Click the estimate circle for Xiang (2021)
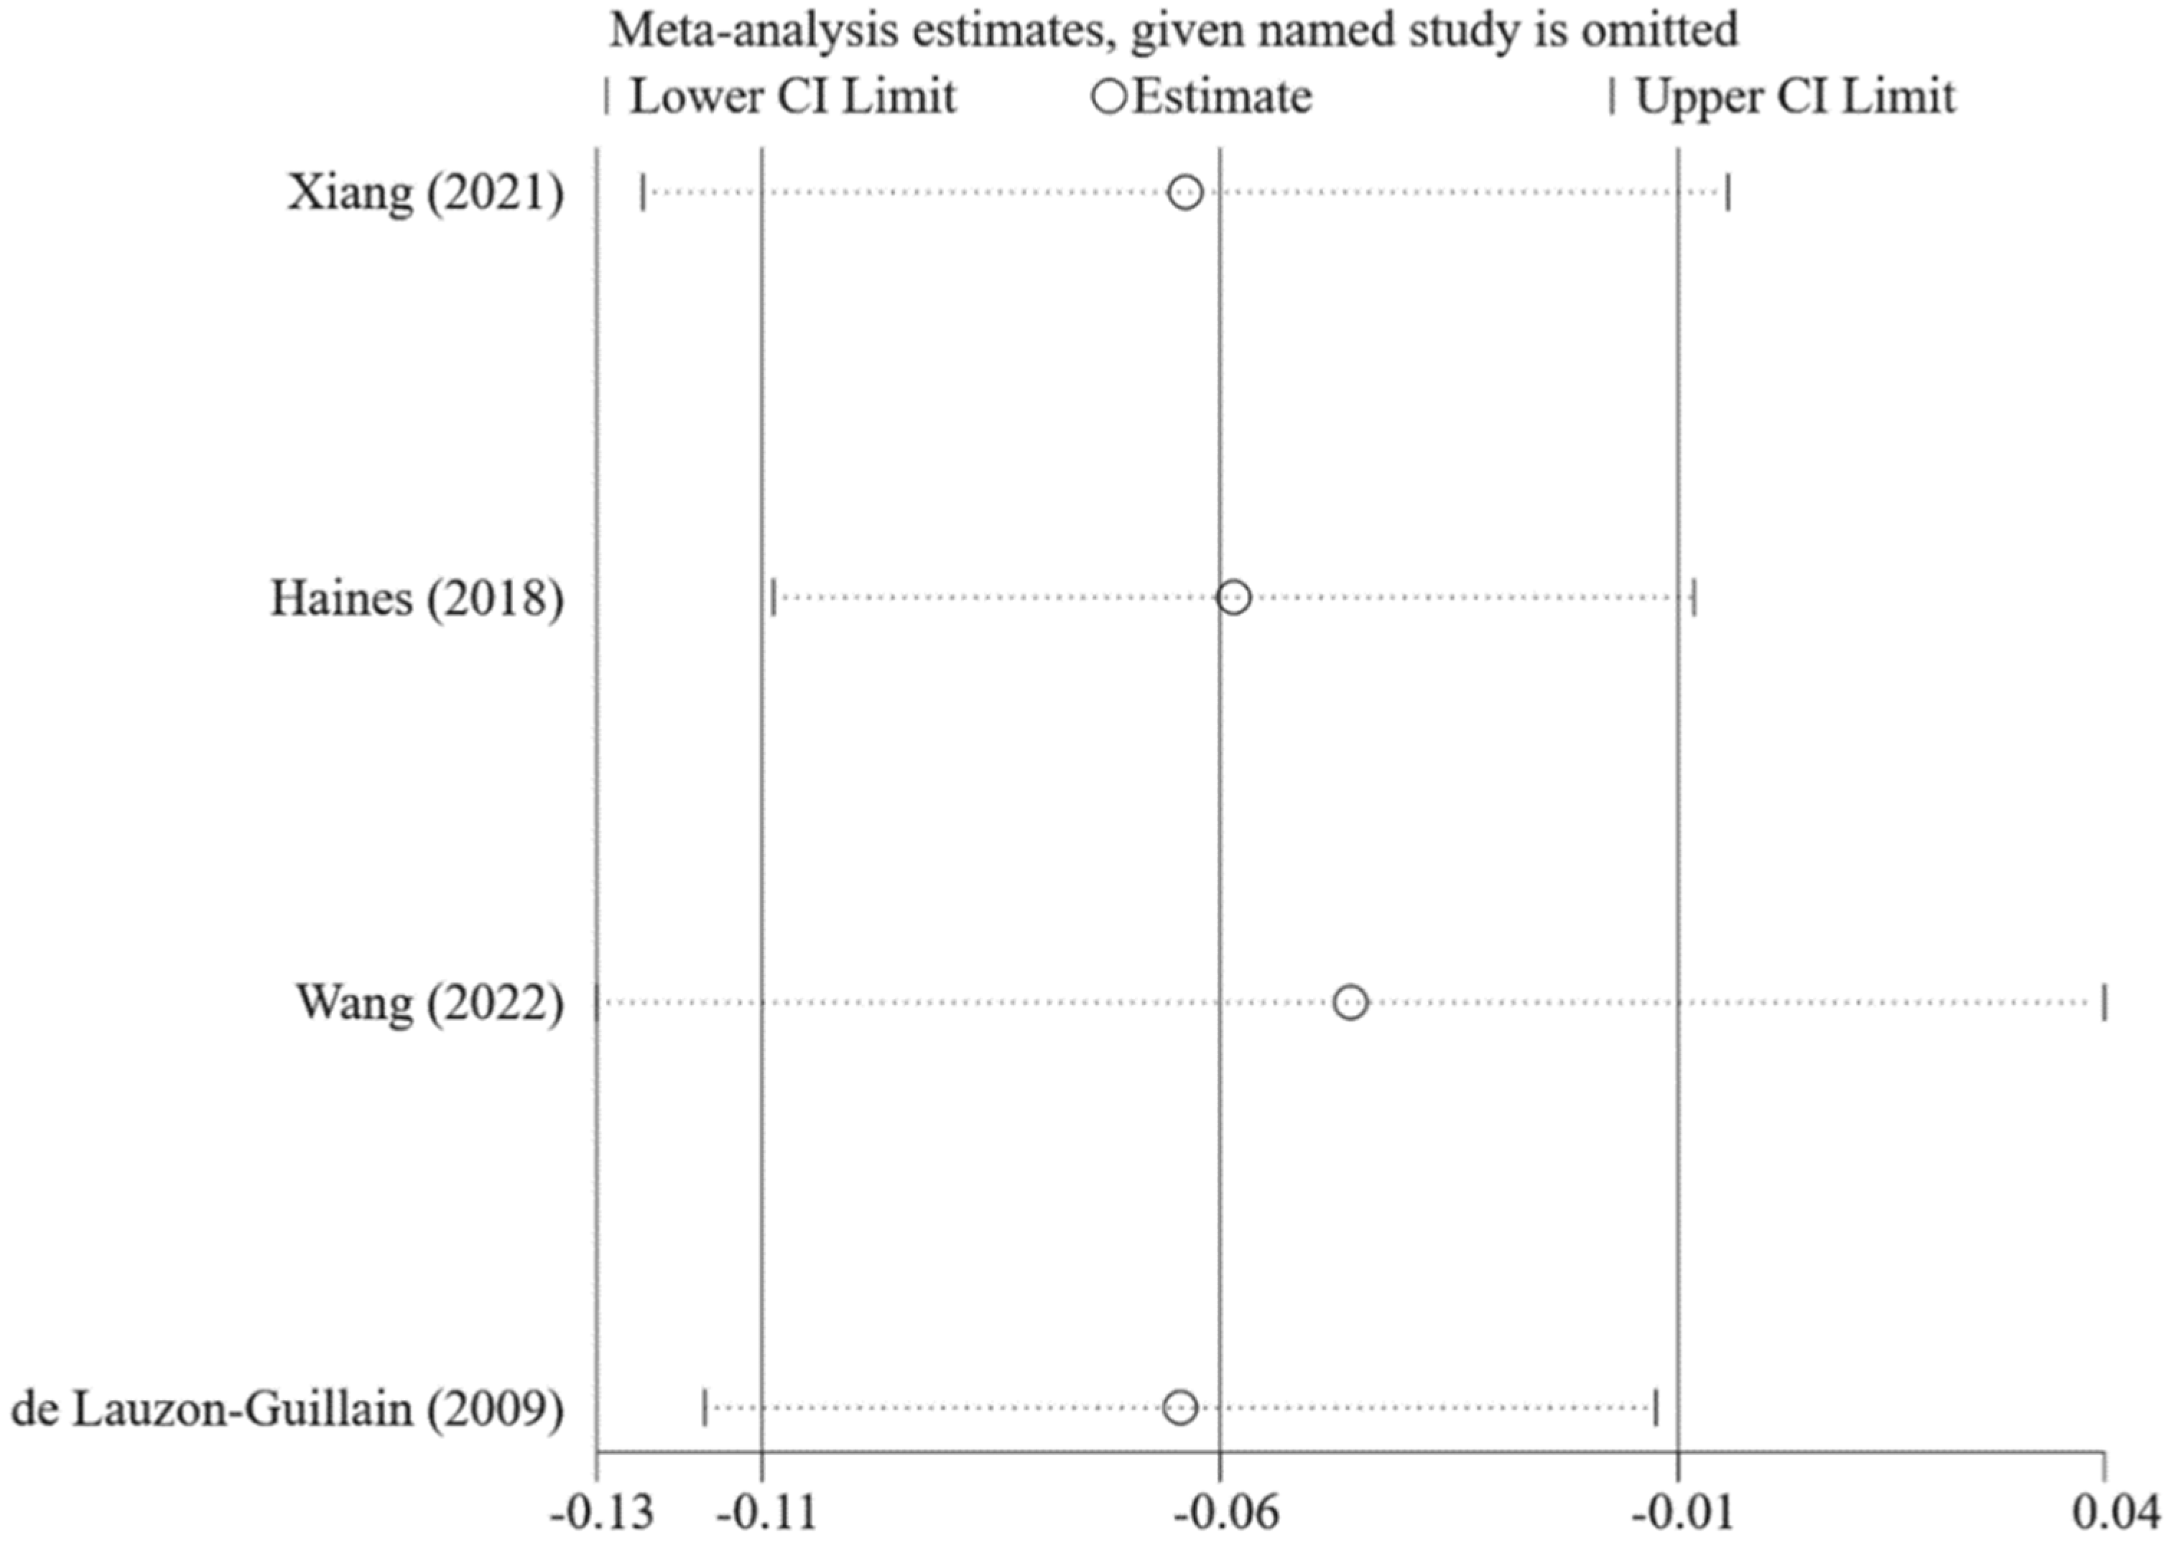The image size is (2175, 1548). pyautogui.click(x=1184, y=193)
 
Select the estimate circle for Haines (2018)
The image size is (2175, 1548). pyautogui.click(x=1233, y=598)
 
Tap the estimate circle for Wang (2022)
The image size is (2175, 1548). pyautogui.click(x=1350, y=1003)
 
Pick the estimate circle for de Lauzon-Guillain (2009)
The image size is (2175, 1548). pyautogui.click(x=1180, y=1408)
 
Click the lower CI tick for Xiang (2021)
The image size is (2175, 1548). pyautogui.click(x=644, y=193)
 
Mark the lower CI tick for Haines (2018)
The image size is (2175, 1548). pyautogui.click(x=773, y=598)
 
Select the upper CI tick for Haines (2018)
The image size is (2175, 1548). pyautogui.click(x=1694, y=598)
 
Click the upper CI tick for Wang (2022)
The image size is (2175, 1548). pyautogui.click(x=2105, y=1003)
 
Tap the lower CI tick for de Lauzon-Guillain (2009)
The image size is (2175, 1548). pyautogui.click(x=705, y=1408)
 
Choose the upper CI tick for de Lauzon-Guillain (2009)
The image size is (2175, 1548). pyautogui.click(x=1656, y=1408)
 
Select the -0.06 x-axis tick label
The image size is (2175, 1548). pyautogui.click(x=1225, y=1513)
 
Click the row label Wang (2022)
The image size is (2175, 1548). pyautogui.click(x=429, y=1004)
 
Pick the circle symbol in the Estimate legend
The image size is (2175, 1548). pyautogui.click(x=1110, y=96)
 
